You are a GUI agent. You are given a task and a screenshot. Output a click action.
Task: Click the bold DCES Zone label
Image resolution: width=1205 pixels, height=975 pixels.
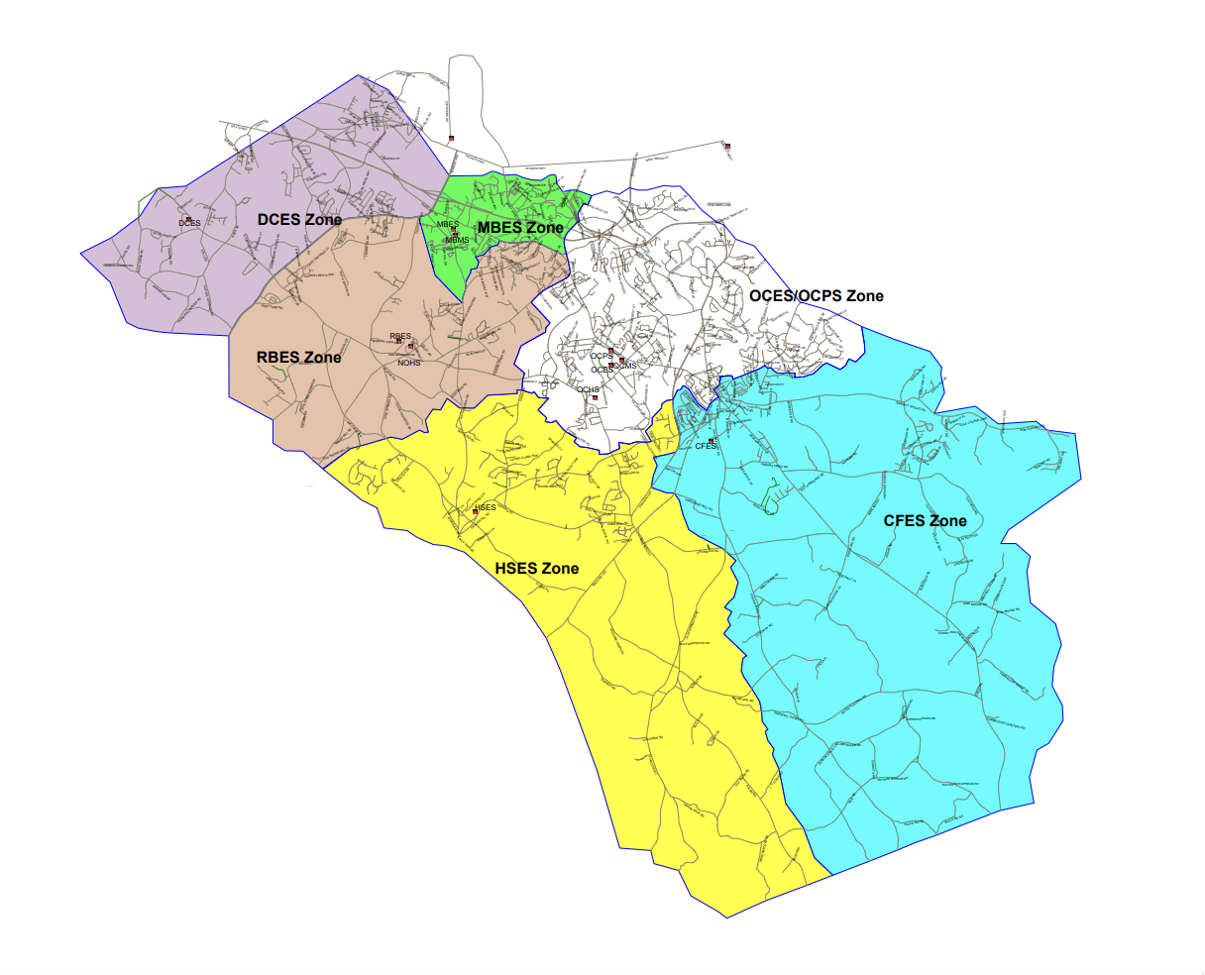299,219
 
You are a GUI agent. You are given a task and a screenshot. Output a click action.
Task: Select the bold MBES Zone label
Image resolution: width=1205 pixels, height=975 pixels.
520,228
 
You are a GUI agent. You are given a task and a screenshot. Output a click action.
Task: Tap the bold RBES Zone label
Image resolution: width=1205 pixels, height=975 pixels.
298,357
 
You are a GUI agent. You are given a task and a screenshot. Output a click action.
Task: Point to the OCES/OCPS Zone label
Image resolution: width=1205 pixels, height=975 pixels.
816,295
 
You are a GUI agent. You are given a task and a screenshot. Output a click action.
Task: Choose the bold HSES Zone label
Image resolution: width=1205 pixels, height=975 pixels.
536,568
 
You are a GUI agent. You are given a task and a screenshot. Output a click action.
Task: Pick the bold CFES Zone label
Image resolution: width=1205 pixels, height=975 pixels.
925,520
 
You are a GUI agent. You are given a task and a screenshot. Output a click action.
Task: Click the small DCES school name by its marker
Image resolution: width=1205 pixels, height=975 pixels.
189,224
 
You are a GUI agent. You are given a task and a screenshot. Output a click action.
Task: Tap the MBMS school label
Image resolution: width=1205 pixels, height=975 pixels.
457,241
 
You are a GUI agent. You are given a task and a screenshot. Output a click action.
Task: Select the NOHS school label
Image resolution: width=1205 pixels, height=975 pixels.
408,363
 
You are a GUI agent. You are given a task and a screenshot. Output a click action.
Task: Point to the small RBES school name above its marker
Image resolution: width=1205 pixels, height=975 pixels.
399,337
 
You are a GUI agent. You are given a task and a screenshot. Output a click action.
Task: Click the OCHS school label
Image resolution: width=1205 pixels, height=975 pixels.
588,389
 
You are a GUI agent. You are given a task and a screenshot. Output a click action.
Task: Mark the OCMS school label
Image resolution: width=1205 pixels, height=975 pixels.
624,366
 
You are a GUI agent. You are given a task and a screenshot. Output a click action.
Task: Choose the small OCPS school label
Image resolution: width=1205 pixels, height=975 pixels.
601,356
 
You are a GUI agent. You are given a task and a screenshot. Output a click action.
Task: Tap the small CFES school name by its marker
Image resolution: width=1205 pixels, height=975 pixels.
705,447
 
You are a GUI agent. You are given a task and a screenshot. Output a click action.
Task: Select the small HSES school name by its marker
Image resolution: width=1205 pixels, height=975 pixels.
486,507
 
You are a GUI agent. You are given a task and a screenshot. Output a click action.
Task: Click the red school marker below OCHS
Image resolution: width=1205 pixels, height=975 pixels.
595,397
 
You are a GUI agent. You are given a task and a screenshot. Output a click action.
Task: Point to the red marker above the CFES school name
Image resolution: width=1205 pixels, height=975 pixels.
711,440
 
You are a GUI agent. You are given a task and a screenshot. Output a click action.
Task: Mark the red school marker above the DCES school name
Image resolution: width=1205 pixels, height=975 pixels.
187,218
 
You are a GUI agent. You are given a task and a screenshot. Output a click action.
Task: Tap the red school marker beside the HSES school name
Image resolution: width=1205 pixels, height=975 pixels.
476,511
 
